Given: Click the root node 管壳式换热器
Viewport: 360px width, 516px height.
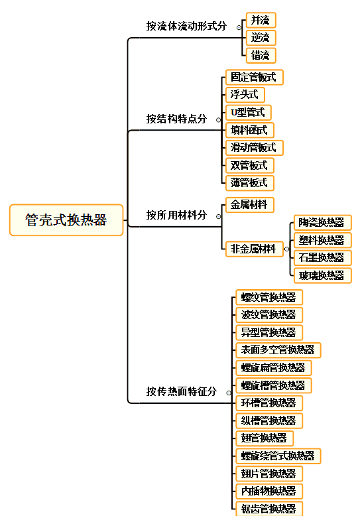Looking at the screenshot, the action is (x=66, y=220).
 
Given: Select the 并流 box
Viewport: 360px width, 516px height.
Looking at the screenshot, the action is (x=261, y=21).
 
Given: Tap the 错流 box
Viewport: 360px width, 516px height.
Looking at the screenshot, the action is (x=261, y=55).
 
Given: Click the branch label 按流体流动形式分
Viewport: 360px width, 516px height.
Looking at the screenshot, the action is (x=186, y=26).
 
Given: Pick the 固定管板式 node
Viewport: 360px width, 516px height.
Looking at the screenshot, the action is (x=254, y=78).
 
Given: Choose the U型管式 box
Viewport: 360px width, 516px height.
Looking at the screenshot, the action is (x=248, y=113).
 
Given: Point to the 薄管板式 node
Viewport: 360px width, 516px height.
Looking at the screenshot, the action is (x=249, y=183).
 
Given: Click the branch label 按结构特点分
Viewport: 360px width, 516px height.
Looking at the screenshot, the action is (x=177, y=119).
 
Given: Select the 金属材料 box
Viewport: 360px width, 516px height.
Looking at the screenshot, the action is (x=249, y=205).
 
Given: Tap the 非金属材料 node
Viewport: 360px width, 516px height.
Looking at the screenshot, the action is (x=254, y=249).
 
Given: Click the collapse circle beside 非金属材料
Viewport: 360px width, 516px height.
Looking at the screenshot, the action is (x=286, y=249).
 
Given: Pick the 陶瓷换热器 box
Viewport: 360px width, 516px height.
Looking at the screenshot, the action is (x=322, y=222).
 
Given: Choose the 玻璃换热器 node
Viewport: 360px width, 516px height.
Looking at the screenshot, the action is (x=322, y=275).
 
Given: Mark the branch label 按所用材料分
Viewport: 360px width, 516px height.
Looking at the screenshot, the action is (x=177, y=215).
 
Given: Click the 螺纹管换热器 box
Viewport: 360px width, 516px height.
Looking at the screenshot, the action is (x=269, y=297).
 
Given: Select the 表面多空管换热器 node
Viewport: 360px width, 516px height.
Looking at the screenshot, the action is (x=278, y=350).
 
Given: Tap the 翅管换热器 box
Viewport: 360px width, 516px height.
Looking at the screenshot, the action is (x=265, y=438).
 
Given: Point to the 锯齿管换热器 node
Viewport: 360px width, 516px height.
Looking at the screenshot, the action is (x=269, y=509).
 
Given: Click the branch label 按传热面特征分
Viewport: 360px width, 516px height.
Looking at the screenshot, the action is (x=182, y=391).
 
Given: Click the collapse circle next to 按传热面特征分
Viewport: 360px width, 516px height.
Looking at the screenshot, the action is (x=229, y=393).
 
